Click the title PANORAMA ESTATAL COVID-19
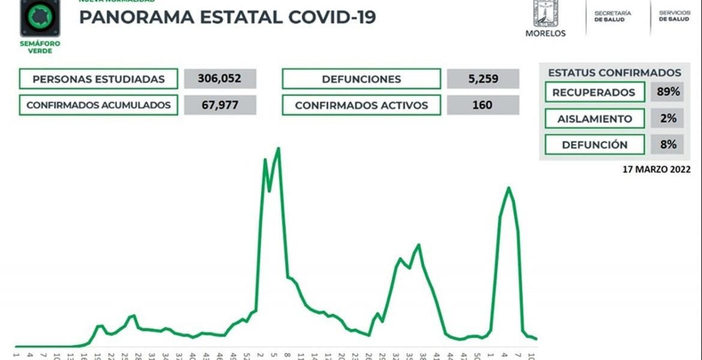tap(227, 17)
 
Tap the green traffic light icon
tap(40, 17)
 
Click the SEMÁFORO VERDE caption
tap(40, 47)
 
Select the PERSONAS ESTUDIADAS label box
tap(98, 79)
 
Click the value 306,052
tap(220, 79)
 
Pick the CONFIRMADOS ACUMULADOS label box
tap(98, 105)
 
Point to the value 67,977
tap(220, 105)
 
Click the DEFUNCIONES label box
tap(361, 79)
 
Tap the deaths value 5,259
tap(483, 79)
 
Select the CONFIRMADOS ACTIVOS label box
tap(361, 105)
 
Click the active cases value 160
tap(483, 105)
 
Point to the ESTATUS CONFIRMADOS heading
tap(614, 73)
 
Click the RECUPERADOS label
tap(594, 92)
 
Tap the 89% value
tap(667, 92)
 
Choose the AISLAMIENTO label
tap(594, 119)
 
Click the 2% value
tap(667, 119)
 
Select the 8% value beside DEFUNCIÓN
tap(667, 145)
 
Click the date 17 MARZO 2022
tap(656, 170)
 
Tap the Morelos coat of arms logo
tap(545, 14)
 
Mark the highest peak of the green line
tap(278, 148)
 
